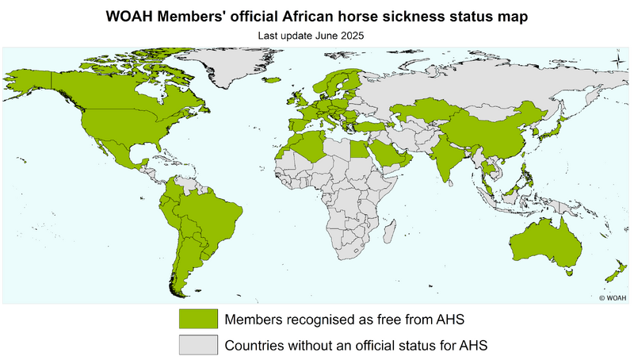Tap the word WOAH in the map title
[129, 16]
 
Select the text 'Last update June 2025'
[316, 35]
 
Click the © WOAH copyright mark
[612, 297]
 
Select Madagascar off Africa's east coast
[389, 232]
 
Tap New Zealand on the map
[614, 274]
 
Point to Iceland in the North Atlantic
[273, 79]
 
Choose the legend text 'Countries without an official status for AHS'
[354, 346]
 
